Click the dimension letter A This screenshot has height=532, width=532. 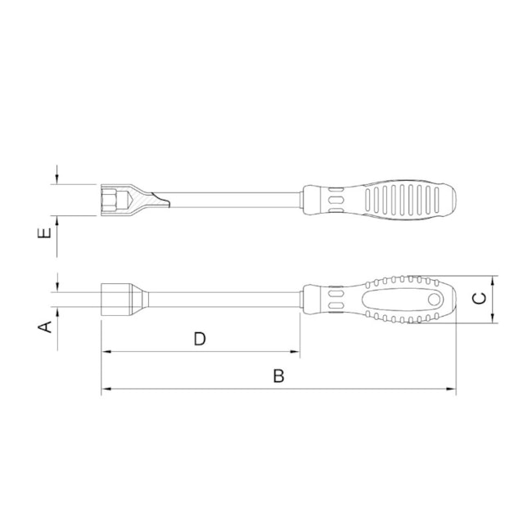click(47, 327)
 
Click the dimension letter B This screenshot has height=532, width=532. click(278, 376)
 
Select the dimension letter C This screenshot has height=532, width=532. click(480, 299)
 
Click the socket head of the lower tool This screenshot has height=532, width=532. click(115, 299)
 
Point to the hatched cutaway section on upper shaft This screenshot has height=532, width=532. click(148, 200)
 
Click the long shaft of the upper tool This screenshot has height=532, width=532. click(237, 200)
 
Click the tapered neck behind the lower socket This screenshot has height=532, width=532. click(141, 299)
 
